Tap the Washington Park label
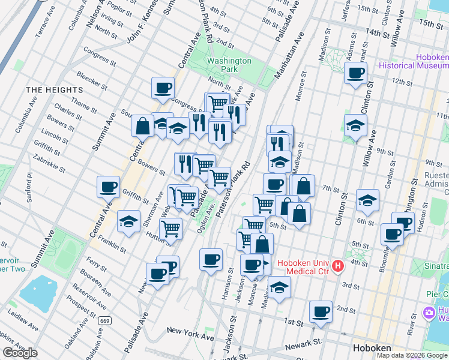(x=229, y=65)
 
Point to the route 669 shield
(x=104, y=321)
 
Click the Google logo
(x=19, y=353)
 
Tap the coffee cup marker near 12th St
(x=355, y=74)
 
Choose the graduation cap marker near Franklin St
(x=128, y=221)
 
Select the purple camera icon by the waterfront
(x=429, y=313)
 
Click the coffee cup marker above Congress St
(x=163, y=88)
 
